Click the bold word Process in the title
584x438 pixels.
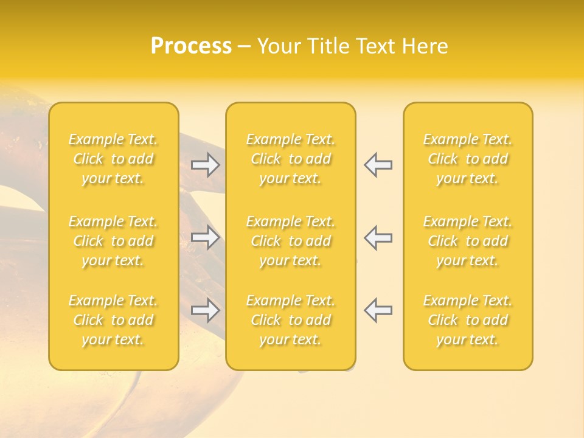coord(191,46)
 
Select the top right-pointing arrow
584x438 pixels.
coord(205,165)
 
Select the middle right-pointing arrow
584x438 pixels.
coord(205,237)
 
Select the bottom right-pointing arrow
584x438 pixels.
coord(205,310)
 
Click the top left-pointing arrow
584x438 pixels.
coord(378,165)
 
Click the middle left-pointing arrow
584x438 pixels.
coord(378,237)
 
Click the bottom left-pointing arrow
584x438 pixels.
coord(378,310)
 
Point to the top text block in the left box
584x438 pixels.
coord(113,159)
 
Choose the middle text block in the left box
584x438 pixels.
coord(113,241)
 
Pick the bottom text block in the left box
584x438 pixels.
coord(113,320)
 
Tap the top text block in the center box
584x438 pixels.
coord(290,159)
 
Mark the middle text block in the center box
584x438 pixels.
coord(290,241)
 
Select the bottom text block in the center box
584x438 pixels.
coord(290,320)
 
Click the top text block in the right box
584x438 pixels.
coord(467,159)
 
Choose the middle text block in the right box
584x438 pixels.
coord(467,241)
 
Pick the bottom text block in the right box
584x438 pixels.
coord(467,320)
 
